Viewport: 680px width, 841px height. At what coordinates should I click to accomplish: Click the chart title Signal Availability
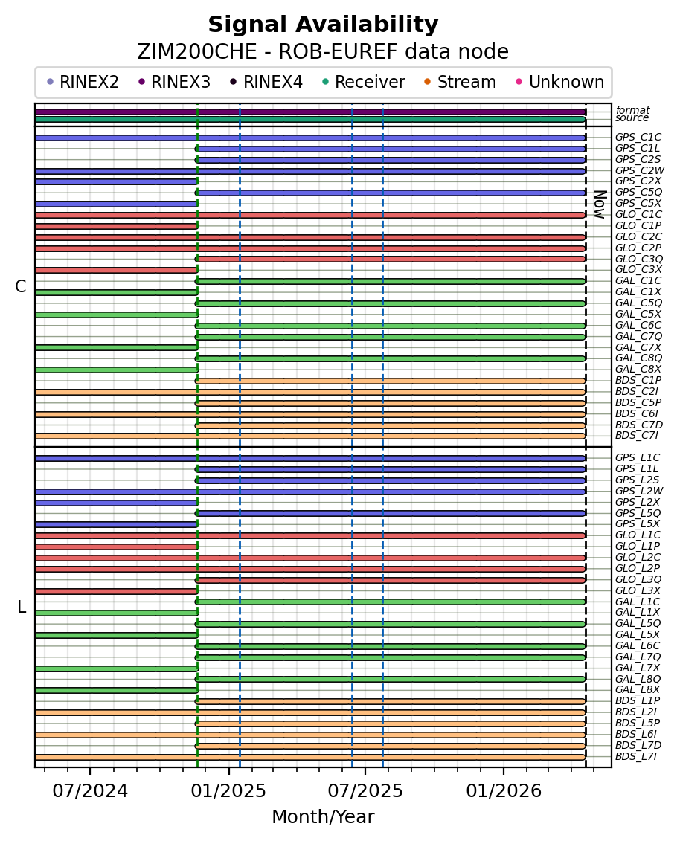tap(323, 25)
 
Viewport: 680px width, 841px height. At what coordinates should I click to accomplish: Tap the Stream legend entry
tap(466, 82)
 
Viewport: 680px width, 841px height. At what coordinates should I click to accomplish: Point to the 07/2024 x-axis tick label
tap(90, 790)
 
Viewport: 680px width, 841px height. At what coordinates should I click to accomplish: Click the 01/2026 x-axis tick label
tap(503, 790)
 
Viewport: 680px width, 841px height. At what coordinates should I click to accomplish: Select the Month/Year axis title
tap(323, 817)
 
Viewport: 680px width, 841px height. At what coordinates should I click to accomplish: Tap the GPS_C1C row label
tap(638, 138)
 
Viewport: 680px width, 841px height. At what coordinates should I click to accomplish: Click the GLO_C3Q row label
tap(638, 259)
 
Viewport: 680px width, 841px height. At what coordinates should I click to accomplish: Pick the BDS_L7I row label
tap(635, 757)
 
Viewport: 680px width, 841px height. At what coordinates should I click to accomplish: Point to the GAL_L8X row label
tap(637, 690)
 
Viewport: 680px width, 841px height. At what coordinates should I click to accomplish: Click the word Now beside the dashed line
tap(599, 204)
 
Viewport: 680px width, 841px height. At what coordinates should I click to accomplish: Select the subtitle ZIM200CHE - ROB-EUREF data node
tap(323, 52)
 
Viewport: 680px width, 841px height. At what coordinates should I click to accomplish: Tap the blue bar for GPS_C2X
tap(116, 181)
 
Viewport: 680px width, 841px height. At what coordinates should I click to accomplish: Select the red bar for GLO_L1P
tap(116, 547)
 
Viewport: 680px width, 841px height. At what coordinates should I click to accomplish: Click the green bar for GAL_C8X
tap(116, 370)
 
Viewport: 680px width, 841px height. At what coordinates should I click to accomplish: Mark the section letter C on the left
tap(20, 287)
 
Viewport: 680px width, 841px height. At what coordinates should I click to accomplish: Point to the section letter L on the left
tap(21, 608)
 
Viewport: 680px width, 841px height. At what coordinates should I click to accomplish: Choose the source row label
tap(632, 118)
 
